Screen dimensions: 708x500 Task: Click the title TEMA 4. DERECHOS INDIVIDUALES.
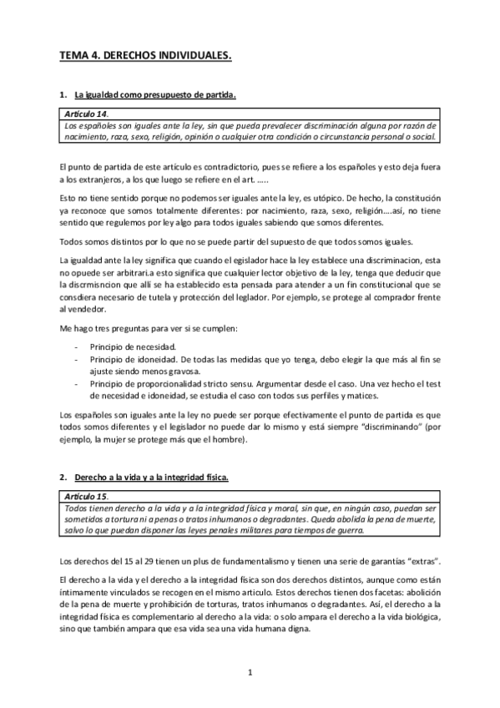tap(144, 56)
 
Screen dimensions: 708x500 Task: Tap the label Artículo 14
tap(84, 113)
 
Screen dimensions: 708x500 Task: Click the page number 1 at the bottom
tap(250, 670)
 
